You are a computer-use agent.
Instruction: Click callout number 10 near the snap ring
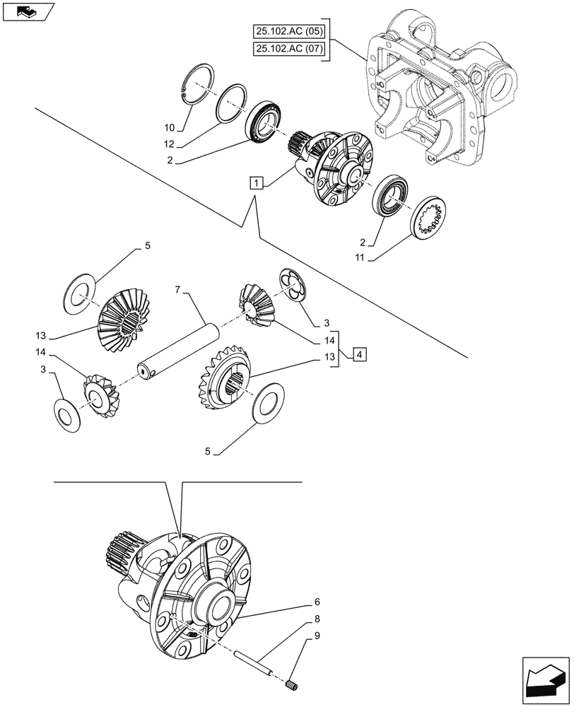point(169,128)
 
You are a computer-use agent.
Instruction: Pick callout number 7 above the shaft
point(178,290)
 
